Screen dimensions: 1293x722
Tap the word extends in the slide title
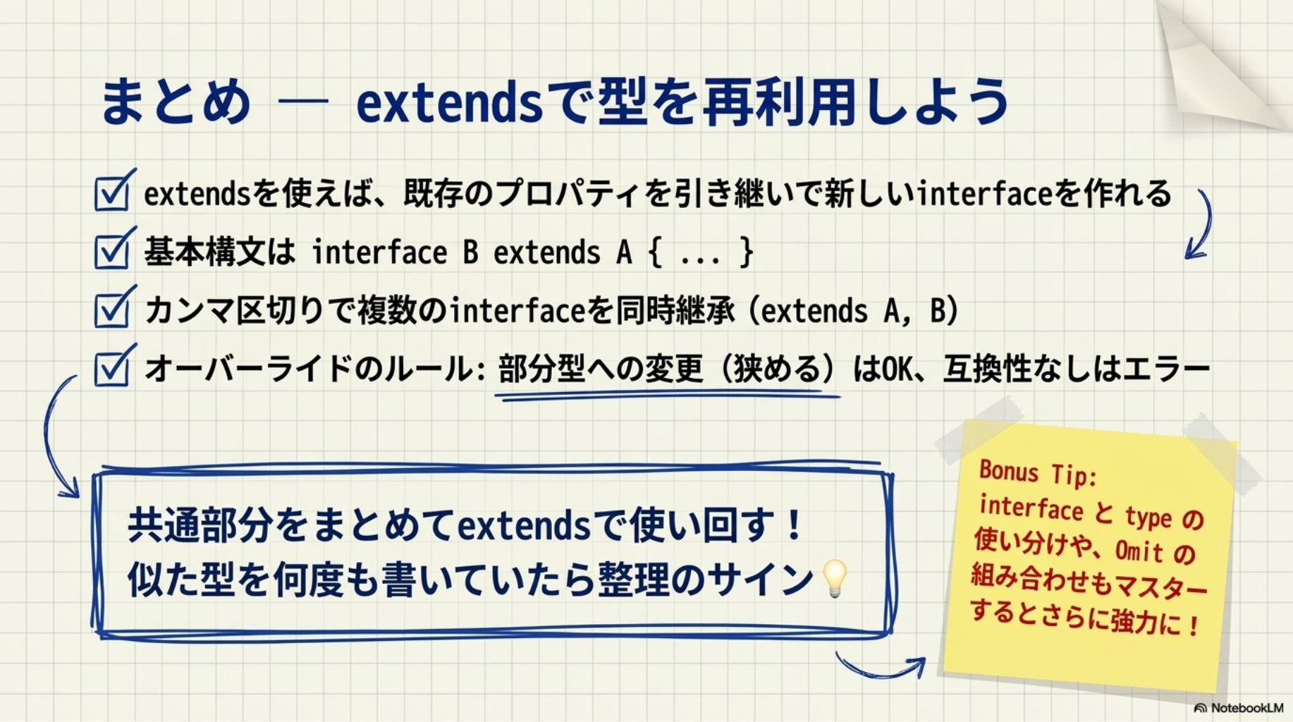pos(450,102)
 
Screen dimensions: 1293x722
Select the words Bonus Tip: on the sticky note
pos(1038,472)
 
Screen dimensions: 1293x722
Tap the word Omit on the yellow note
pos(1139,549)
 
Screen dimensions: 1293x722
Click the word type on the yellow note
pos(1148,517)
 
